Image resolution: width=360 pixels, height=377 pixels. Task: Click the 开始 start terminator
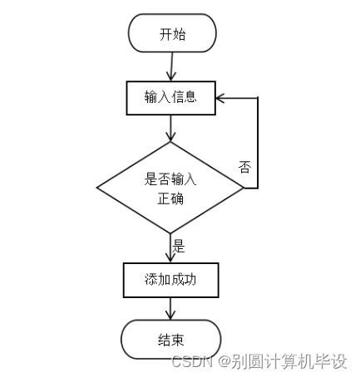(172, 33)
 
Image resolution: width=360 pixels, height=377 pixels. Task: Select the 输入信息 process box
(170, 97)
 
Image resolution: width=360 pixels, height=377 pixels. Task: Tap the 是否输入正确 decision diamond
(170, 188)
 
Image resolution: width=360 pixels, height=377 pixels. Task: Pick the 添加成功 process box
(170, 280)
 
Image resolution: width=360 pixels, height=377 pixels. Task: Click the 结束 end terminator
(170, 340)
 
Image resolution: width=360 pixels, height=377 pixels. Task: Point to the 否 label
(245, 167)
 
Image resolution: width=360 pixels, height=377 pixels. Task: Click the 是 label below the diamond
(179, 247)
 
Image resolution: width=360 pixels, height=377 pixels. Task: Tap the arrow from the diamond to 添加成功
(170, 248)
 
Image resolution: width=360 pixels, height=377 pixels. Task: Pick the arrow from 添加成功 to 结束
(170, 309)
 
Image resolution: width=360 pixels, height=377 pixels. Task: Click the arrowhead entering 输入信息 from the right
(221, 98)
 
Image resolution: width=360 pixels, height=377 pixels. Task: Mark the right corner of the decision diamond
(244, 188)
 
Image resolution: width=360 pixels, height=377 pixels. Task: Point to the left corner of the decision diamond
(97, 188)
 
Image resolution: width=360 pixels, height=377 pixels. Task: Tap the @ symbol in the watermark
(221, 361)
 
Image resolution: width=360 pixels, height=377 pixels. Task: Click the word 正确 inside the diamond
(170, 200)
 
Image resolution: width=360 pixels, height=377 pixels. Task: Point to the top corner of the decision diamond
(170, 142)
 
